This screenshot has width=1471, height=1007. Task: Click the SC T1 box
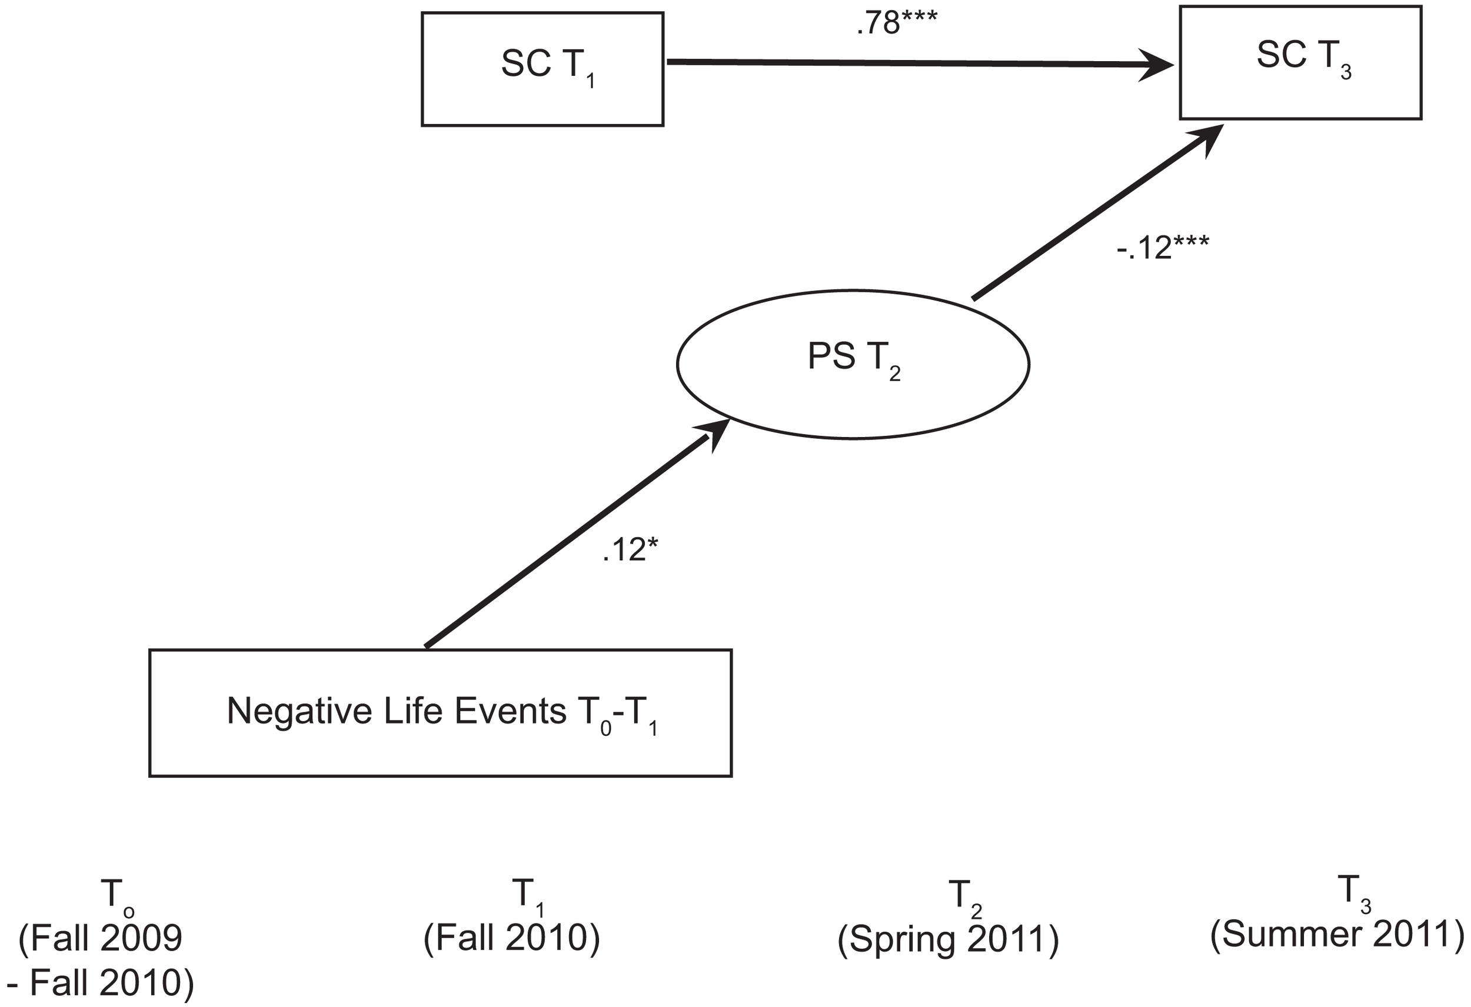tap(543, 69)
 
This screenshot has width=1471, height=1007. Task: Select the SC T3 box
tap(1300, 62)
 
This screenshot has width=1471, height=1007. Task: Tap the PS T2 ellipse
tap(853, 364)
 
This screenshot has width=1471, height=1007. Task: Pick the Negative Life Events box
tap(441, 713)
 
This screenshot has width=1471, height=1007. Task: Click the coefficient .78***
tap(896, 24)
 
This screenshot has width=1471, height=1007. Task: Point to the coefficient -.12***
tap(1162, 248)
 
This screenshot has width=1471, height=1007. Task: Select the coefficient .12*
tap(630, 551)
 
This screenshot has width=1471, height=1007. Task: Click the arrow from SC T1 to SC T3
tap(918, 63)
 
